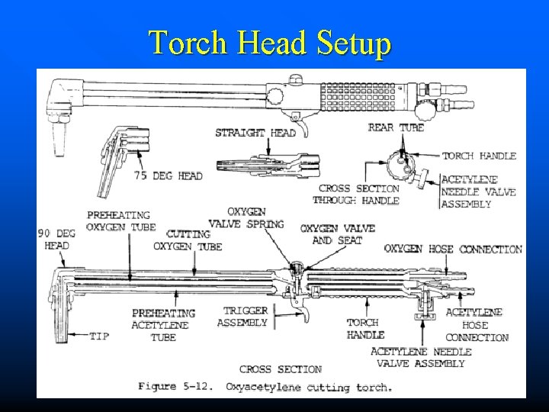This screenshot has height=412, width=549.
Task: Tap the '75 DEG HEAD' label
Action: pyautogui.click(x=168, y=176)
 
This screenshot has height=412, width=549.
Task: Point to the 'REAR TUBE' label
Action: pyautogui.click(x=396, y=127)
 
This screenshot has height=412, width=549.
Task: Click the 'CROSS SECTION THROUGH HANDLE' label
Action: pyautogui.click(x=358, y=194)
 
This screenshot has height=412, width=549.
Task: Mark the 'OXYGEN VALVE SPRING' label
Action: pyautogui.click(x=255, y=217)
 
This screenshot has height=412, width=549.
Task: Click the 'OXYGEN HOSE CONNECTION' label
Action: pyautogui.click(x=464, y=249)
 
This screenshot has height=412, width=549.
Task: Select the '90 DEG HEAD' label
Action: pyautogui.click(x=57, y=239)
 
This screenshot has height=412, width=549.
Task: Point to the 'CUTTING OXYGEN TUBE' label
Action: pyautogui.click(x=188, y=240)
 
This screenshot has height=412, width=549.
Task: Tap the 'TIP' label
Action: pyautogui.click(x=99, y=334)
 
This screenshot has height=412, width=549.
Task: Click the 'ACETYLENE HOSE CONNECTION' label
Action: pyautogui.click(x=473, y=324)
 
